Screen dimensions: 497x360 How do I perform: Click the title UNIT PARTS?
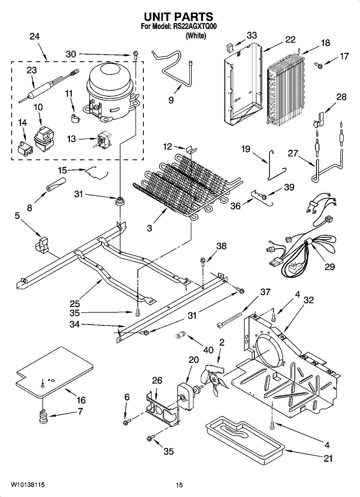coord(179,17)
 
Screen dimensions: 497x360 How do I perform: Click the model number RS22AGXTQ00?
coord(194,27)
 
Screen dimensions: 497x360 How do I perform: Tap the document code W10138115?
coord(28,484)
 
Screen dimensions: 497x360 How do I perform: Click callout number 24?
coord(35,36)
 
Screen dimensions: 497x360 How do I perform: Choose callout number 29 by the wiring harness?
coord(330,267)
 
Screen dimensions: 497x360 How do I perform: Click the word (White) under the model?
coord(196,36)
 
